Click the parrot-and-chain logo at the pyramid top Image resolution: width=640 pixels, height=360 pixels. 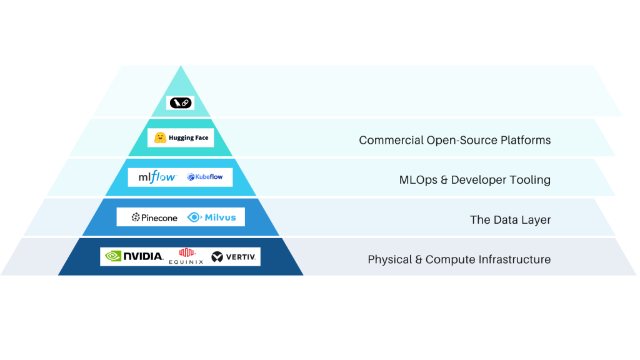pos(180,103)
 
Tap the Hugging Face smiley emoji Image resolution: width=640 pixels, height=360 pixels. pos(160,138)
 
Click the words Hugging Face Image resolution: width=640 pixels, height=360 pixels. pos(189,138)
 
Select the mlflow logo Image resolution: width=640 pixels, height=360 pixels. pos(157,177)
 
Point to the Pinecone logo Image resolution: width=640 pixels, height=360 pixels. pos(154,217)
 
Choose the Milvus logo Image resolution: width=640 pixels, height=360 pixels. pos(212,217)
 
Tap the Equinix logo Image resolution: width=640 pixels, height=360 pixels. pos(187,256)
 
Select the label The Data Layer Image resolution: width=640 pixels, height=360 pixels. pos(510,220)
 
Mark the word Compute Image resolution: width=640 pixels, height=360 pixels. pos(447,259)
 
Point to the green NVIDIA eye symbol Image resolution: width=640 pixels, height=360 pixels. pos(113,256)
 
